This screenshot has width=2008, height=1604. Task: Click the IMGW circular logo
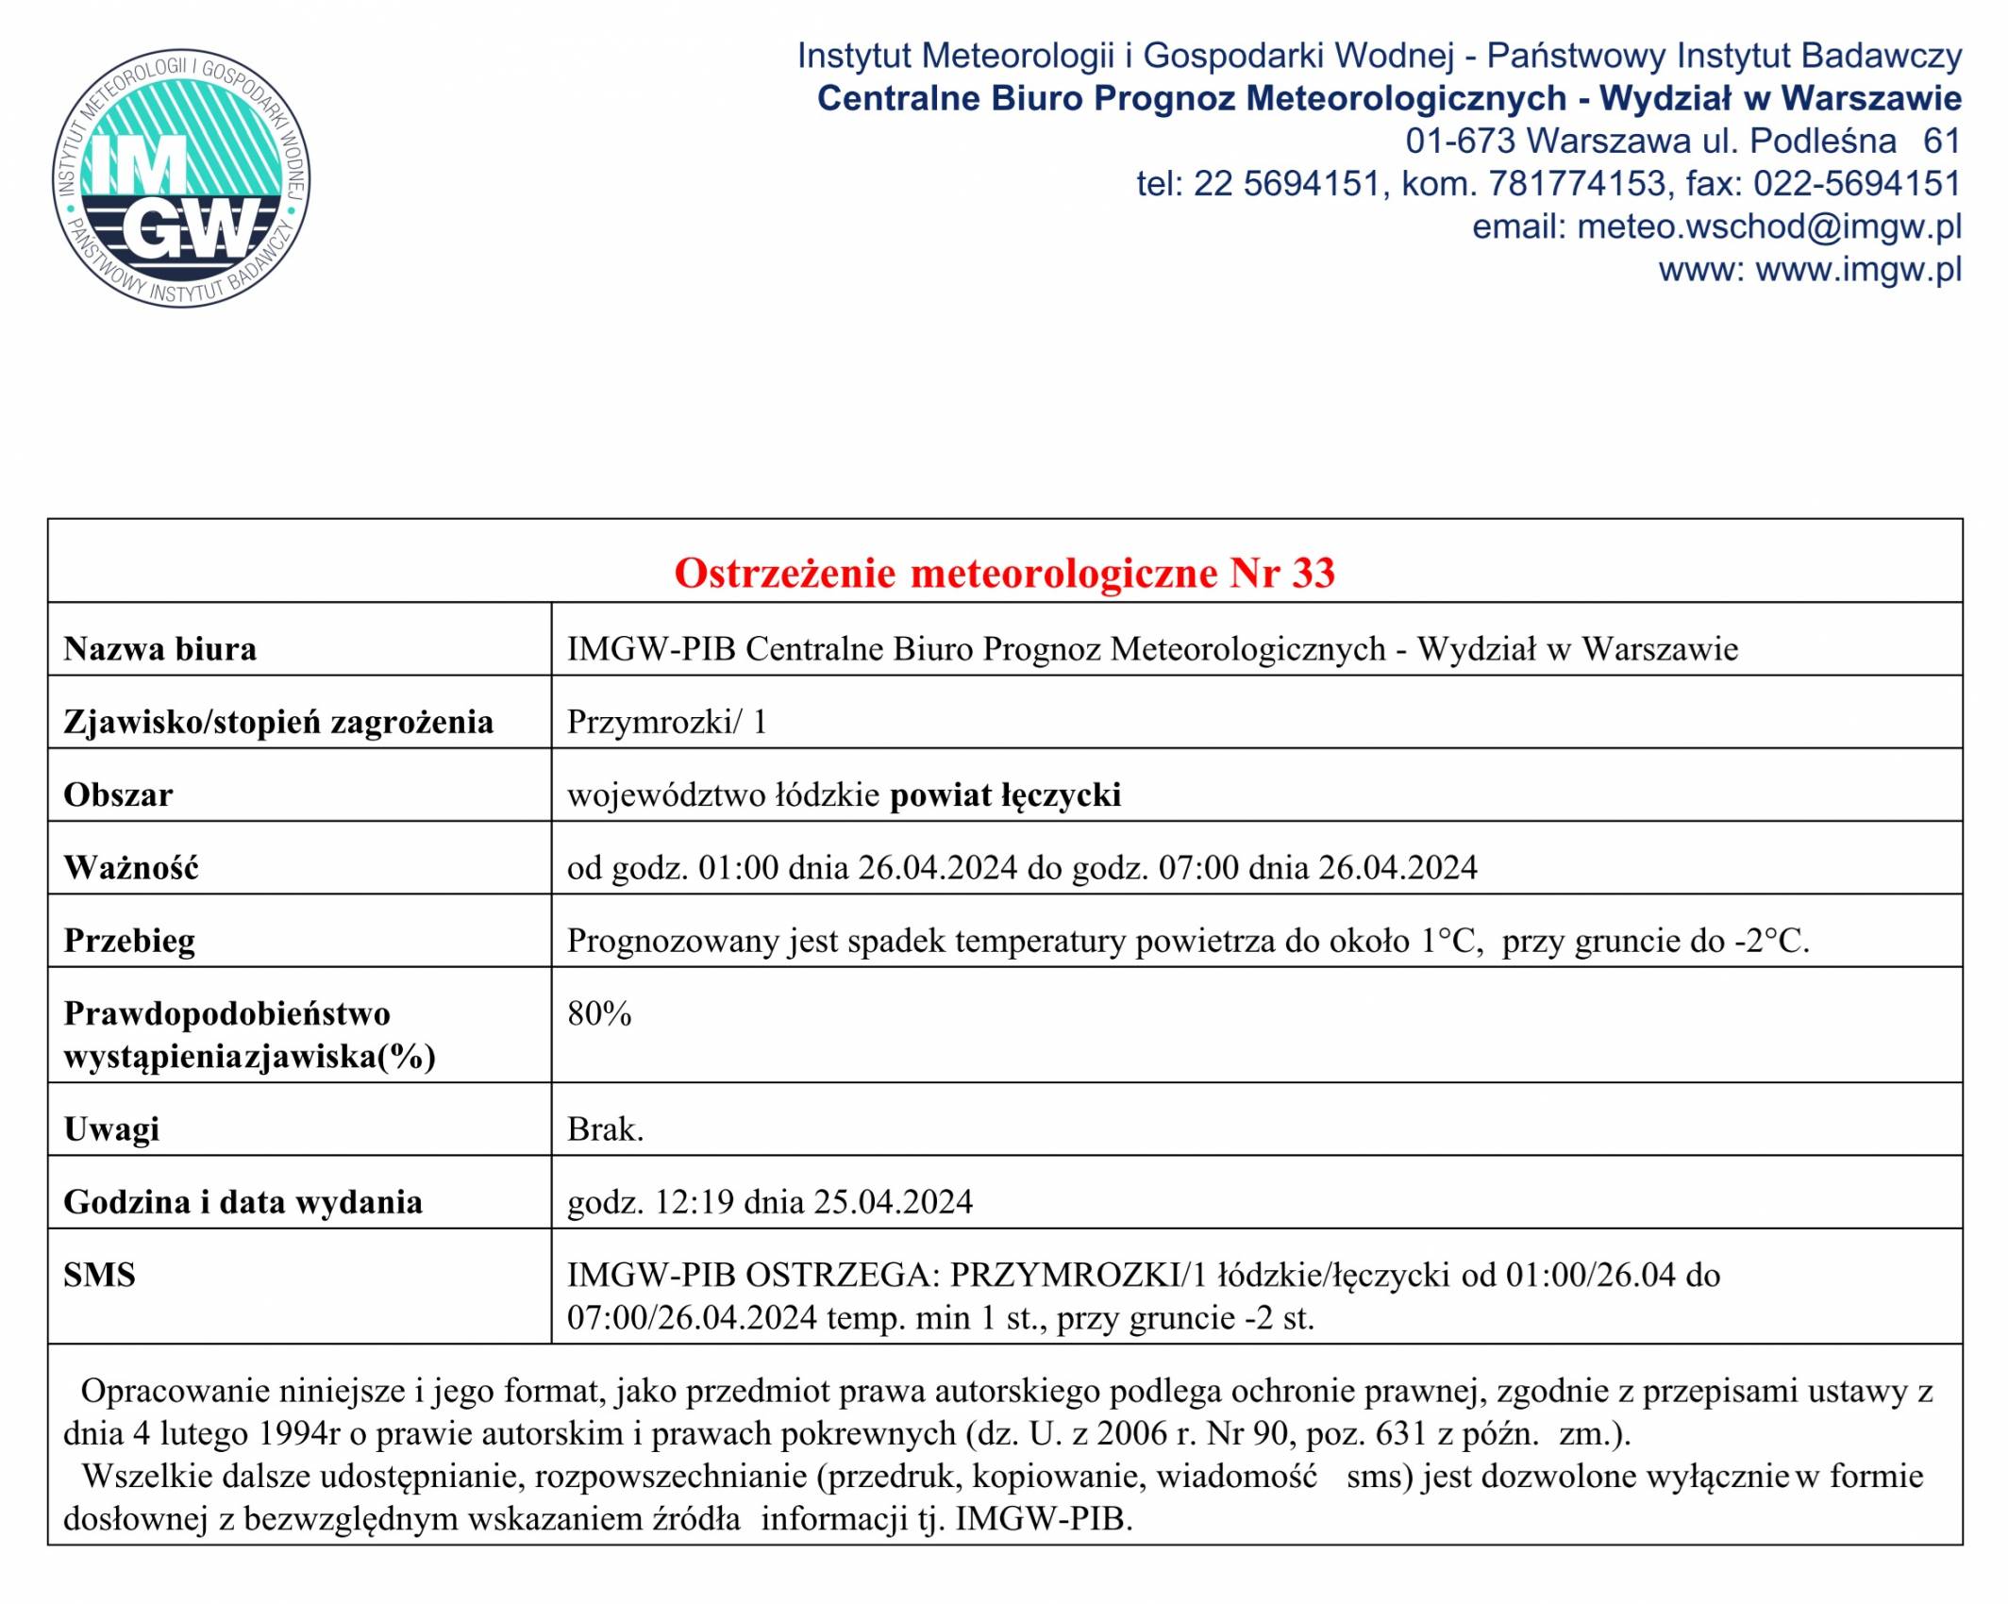coord(181,177)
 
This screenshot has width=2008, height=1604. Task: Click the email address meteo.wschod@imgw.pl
coord(1769,226)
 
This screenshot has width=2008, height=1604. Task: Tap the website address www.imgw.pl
coord(1858,270)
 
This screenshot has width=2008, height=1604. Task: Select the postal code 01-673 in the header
coord(1460,141)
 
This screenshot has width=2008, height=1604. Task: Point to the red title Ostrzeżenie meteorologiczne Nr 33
coord(1004,573)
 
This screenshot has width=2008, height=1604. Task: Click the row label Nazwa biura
coord(160,649)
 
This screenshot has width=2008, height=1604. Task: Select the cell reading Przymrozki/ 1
coord(667,722)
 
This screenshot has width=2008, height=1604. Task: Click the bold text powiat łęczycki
coord(1005,794)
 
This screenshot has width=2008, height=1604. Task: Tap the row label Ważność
coord(131,867)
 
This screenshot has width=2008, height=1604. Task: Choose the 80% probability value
coord(599,1013)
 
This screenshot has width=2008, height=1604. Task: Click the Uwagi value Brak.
coord(605,1128)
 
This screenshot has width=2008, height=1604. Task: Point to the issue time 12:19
coord(694,1202)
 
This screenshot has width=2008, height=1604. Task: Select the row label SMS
coord(100,1275)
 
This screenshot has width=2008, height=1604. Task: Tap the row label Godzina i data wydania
coord(243,1202)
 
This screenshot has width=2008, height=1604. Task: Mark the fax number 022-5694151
coord(1857,183)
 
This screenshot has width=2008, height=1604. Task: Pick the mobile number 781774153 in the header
coord(1577,183)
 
